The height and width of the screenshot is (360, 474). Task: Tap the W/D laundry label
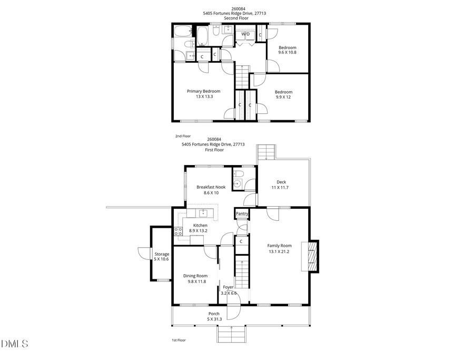click(x=245, y=34)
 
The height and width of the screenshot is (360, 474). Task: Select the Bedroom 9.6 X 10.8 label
click(x=288, y=50)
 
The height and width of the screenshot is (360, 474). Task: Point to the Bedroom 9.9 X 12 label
click(x=283, y=94)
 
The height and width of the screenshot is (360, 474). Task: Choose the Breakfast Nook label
click(x=208, y=190)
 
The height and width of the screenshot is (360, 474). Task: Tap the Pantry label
click(x=242, y=213)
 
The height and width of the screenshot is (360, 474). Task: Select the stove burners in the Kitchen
click(x=178, y=231)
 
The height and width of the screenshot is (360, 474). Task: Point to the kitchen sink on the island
click(x=202, y=213)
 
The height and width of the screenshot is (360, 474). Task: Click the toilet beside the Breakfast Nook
click(x=239, y=174)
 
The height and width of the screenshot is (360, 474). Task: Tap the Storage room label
click(x=162, y=257)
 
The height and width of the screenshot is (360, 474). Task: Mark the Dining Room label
click(x=195, y=278)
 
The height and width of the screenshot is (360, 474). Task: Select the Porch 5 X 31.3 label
click(x=213, y=316)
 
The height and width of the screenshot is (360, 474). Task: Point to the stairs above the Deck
click(x=266, y=151)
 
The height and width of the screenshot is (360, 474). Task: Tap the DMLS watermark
click(x=15, y=344)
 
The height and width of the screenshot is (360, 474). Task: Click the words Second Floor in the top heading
click(x=235, y=18)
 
